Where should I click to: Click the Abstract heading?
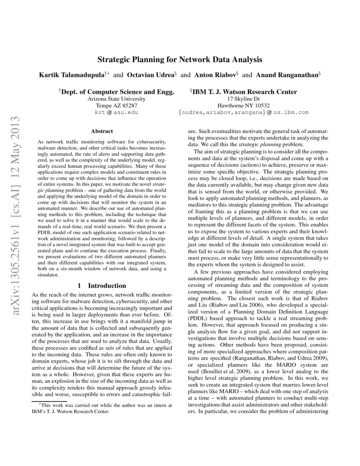(102, 131)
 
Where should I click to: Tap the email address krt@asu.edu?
(116, 113)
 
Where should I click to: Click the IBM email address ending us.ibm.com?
(244, 113)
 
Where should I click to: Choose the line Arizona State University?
(116, 99)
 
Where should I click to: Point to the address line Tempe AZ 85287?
(116, 105)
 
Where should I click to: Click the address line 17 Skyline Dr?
(244, 99)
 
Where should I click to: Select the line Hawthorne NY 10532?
(244, 105)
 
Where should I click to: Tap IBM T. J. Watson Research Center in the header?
(245, 92)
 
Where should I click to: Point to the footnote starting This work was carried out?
(102, 408)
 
